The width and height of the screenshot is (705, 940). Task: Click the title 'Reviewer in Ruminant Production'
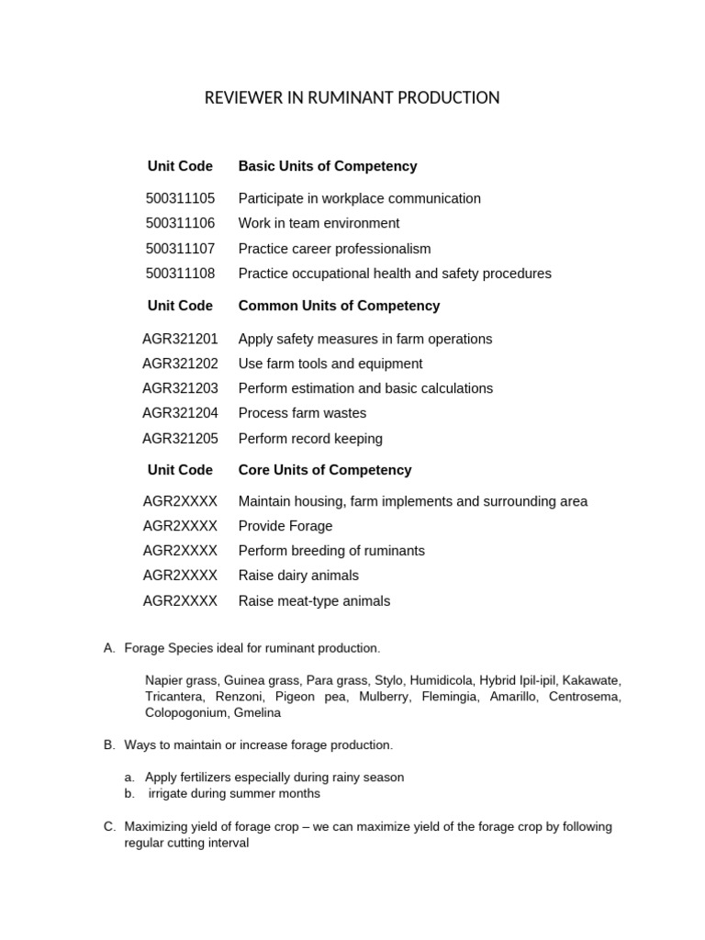point(352,97)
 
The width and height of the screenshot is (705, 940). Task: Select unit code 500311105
point(180,198)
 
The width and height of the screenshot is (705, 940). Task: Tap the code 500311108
point(180,274)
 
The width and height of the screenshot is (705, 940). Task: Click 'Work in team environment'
point(319,223)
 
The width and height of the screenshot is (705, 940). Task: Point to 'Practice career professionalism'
point(334,249)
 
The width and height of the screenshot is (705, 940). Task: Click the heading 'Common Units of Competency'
point(339,306)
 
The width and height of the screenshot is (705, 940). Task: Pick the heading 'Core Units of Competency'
point(325,470)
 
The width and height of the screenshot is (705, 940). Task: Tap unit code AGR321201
point(180,339)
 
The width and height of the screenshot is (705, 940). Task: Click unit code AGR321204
point(180,413)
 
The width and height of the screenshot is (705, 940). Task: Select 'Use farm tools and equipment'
point(330,364)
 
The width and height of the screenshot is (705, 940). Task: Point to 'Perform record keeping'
point(310,439)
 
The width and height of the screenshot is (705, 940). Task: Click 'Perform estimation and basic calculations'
point(365,388)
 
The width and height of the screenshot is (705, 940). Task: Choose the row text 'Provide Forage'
point(285,526)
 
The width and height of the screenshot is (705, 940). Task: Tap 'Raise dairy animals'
point(298,576)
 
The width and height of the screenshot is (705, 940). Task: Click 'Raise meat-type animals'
point(314,601)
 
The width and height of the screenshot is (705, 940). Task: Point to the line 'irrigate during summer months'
point(234,793)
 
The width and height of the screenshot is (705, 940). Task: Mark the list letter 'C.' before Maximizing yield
point(109,826)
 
